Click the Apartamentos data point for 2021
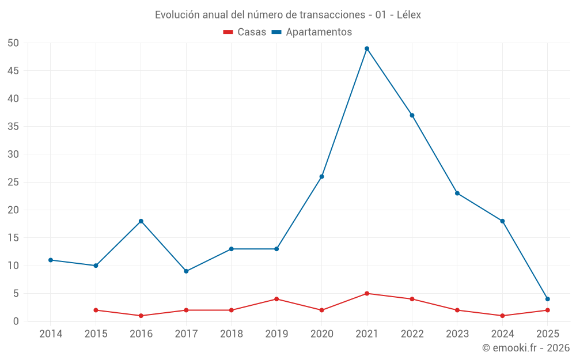[367, 48]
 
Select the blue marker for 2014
[51, 260]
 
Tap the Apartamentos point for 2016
[141, 221]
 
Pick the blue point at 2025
[547, 299]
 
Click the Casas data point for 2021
[367, 293]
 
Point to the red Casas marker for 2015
[96, 310]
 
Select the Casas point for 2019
[276, 299]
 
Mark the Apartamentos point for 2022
[412, 115]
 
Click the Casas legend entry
[245, 32]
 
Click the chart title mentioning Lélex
[288, 15]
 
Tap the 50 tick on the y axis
[13, 43]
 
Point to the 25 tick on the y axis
[13, 182]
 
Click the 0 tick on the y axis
[16, 321]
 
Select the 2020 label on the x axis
[321, 334]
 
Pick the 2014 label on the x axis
[51, 334]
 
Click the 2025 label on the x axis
[547, 334]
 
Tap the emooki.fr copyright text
[526, 348]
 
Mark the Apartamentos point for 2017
[186, 271]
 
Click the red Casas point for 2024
[502, 316]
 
